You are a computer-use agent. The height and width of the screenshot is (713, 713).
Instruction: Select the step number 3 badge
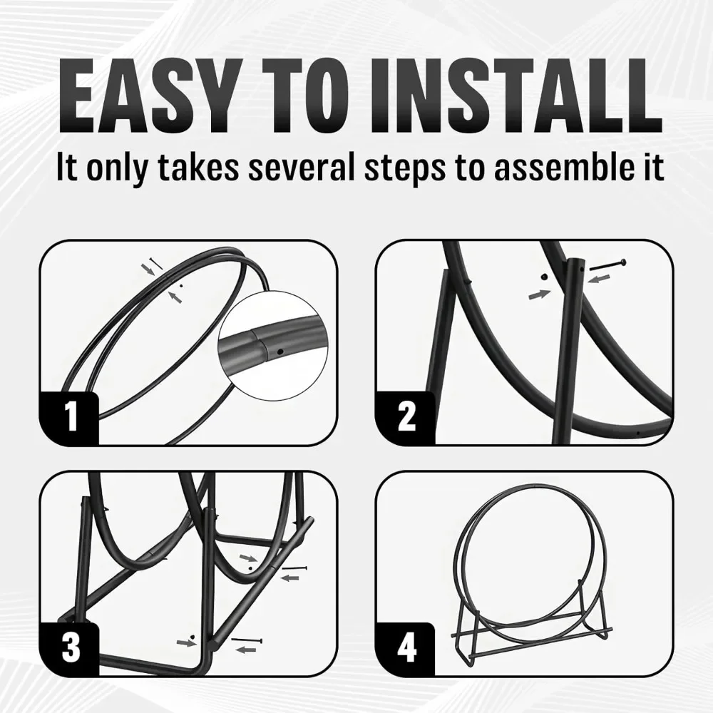[71, 647]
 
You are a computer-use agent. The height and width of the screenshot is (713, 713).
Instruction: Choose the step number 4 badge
[406, 647]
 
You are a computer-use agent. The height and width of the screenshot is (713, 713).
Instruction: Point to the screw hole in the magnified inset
[280, 352]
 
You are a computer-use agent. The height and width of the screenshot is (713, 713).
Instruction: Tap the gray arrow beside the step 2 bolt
[599, 278]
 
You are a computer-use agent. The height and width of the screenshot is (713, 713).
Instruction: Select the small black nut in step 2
[544, 276]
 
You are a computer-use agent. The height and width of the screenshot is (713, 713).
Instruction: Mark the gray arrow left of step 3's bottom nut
[186, 642]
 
